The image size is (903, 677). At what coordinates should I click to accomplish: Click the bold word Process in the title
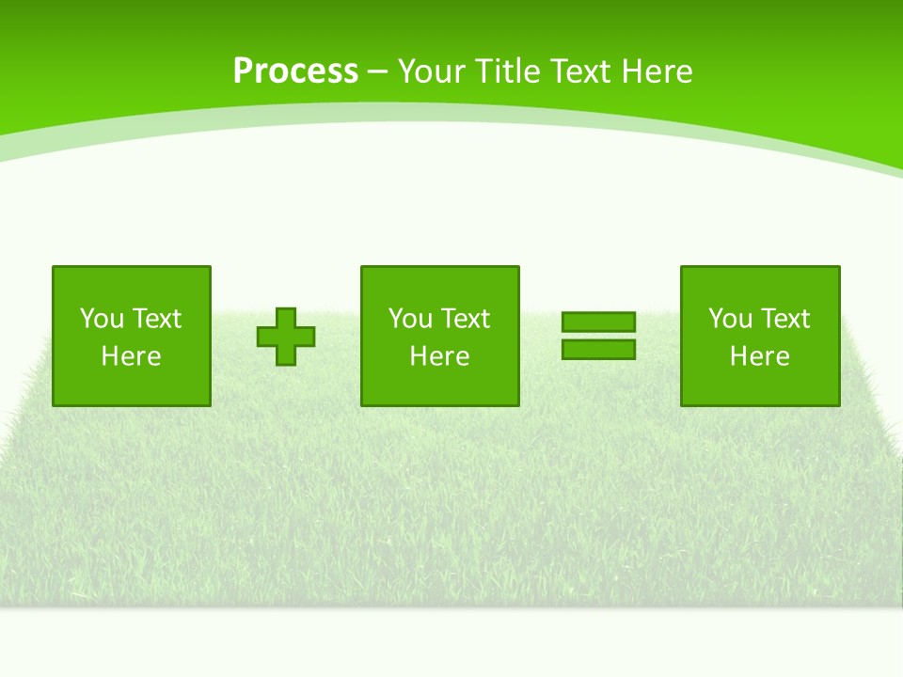tap(295, 71)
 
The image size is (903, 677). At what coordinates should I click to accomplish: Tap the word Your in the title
tap(430, 71)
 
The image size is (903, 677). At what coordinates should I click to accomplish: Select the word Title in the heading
tap(507, 71)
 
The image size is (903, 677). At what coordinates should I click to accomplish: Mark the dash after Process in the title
tap(378, 73)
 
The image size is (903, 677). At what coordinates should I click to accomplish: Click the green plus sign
tap(286, 337)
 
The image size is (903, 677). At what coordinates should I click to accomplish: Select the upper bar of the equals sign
tap(598, 323)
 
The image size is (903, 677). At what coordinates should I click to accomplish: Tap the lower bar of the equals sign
tap(598, 350)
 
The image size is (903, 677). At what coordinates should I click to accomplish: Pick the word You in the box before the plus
tap(102, 319)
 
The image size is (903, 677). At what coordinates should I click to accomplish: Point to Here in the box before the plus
tap(131, 356)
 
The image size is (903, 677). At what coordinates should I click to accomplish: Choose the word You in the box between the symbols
tap(410, 319)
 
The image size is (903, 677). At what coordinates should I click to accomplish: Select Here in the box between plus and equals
tap(439, 356)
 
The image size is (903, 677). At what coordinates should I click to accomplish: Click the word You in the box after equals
tap(730, 319)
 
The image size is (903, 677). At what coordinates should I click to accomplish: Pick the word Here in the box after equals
tap(759, 356)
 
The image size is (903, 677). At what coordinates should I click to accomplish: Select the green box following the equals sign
tap(760, 386)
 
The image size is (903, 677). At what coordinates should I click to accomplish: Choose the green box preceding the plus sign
tap(132, 386)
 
